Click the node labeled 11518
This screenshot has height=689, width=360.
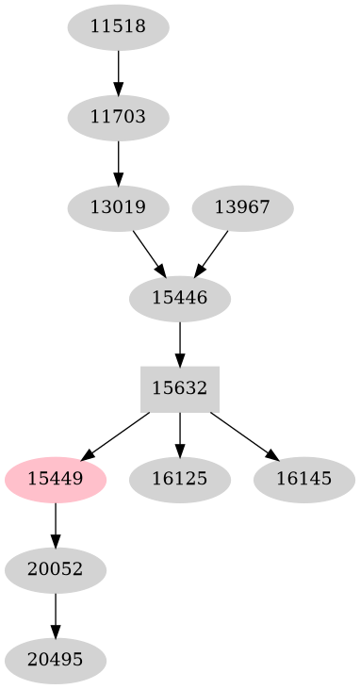[118, 27]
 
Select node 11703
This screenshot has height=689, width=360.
[118, 118]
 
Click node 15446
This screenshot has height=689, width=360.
[180, 299]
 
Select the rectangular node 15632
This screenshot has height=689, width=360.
[180, 388]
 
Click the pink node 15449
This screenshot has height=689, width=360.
[56, 479]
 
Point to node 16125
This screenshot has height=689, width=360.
[180, 479]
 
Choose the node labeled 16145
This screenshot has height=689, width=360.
[304, 479]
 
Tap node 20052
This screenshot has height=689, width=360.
[56, 569]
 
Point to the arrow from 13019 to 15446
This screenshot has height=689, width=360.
[148, 253]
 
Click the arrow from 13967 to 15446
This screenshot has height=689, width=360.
[212, 253]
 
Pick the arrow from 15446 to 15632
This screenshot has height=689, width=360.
[180, 343]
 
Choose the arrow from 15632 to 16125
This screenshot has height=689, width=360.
[180, 434]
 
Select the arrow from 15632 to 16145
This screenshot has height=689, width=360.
[243, 435]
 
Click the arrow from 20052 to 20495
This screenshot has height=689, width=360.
[56, 615]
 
